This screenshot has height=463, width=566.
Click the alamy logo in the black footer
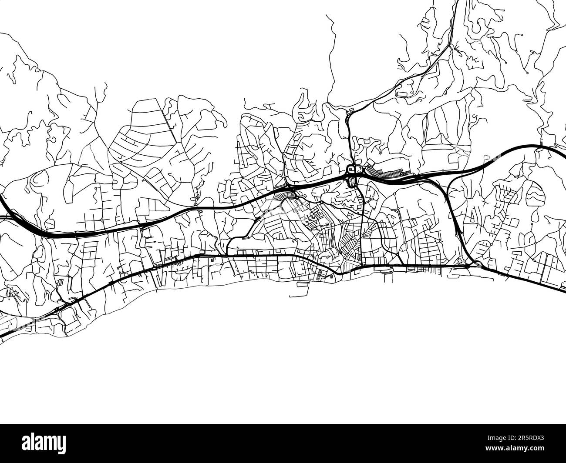tap(47, 443)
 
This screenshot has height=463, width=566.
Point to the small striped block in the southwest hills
tap(61, 282)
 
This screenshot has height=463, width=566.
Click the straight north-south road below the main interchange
tap(362, 226)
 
